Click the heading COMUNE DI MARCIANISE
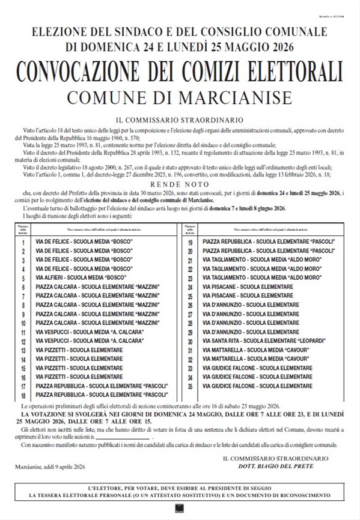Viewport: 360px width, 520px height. coord(180,97)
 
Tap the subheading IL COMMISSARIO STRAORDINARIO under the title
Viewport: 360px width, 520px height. coord(180,120)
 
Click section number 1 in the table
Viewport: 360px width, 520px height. coord(22,242)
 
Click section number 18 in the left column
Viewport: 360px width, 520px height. coord(22,396)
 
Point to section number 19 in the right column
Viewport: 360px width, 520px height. coord(189,242)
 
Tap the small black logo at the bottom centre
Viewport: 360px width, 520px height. coord(178,510)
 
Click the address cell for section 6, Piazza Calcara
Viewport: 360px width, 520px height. coord(97,287)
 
